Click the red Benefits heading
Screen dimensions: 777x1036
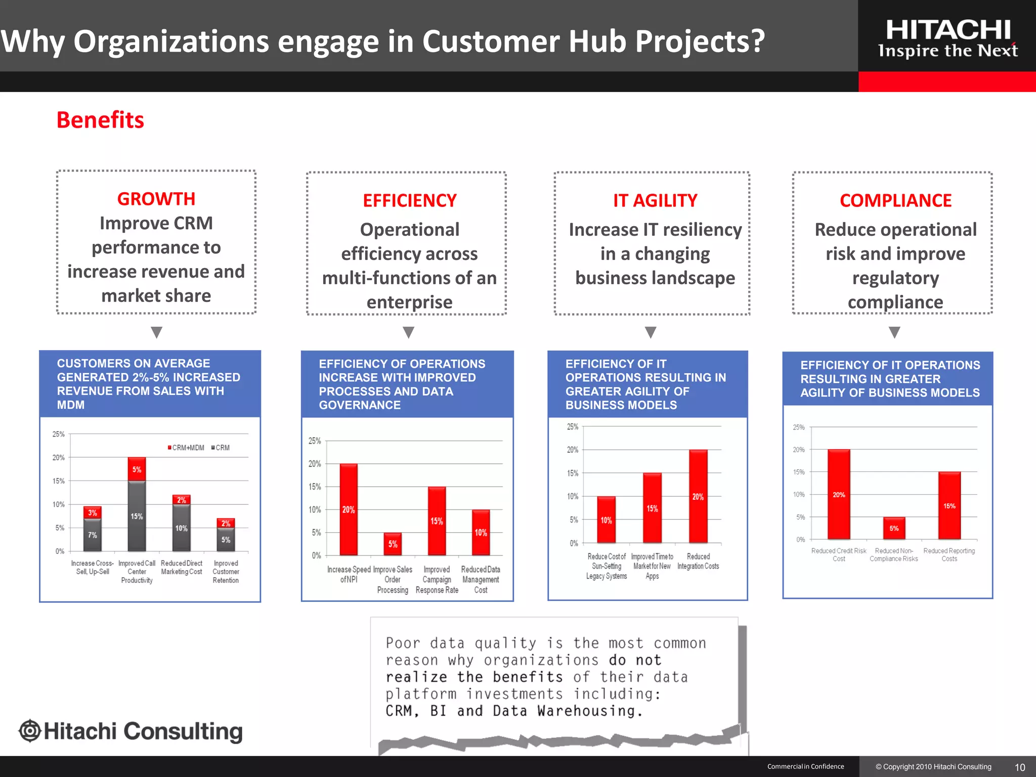click(x=100, y=120)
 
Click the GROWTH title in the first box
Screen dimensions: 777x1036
click(x=156, y=199)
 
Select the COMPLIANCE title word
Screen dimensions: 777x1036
click(x=895, y=201)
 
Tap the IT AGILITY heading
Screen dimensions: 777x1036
click(x=655, y=201)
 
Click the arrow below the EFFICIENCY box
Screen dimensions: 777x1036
click(x=409, y=332)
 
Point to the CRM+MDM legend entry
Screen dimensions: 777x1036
click(x=186, y=448)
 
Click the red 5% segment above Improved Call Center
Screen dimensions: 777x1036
click(x=137, y=469)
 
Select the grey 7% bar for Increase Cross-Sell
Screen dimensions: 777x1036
click(x=93, y=535)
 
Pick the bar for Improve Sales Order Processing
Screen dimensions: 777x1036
click(x=393, y=544)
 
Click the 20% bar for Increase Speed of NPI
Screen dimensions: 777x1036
click(x=349, y=509)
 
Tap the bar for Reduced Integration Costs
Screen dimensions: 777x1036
click(x=698, y=496)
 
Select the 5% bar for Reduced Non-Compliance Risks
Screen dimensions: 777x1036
click(x=894, y=528)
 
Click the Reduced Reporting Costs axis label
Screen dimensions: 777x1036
click(x=949, y=555)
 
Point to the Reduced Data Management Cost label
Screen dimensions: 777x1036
click(x=481, y=580)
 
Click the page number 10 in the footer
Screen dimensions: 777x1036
click(x=1020, y=767)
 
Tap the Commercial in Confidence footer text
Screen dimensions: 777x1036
click(x=805, y=767)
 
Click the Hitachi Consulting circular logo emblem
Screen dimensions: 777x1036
click(x=30, y=731)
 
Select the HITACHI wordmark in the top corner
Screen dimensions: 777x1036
click(x=948, y=30)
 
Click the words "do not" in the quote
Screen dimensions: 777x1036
click(x=635, y=660)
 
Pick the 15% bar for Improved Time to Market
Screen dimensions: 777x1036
click(x=652, y=508)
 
